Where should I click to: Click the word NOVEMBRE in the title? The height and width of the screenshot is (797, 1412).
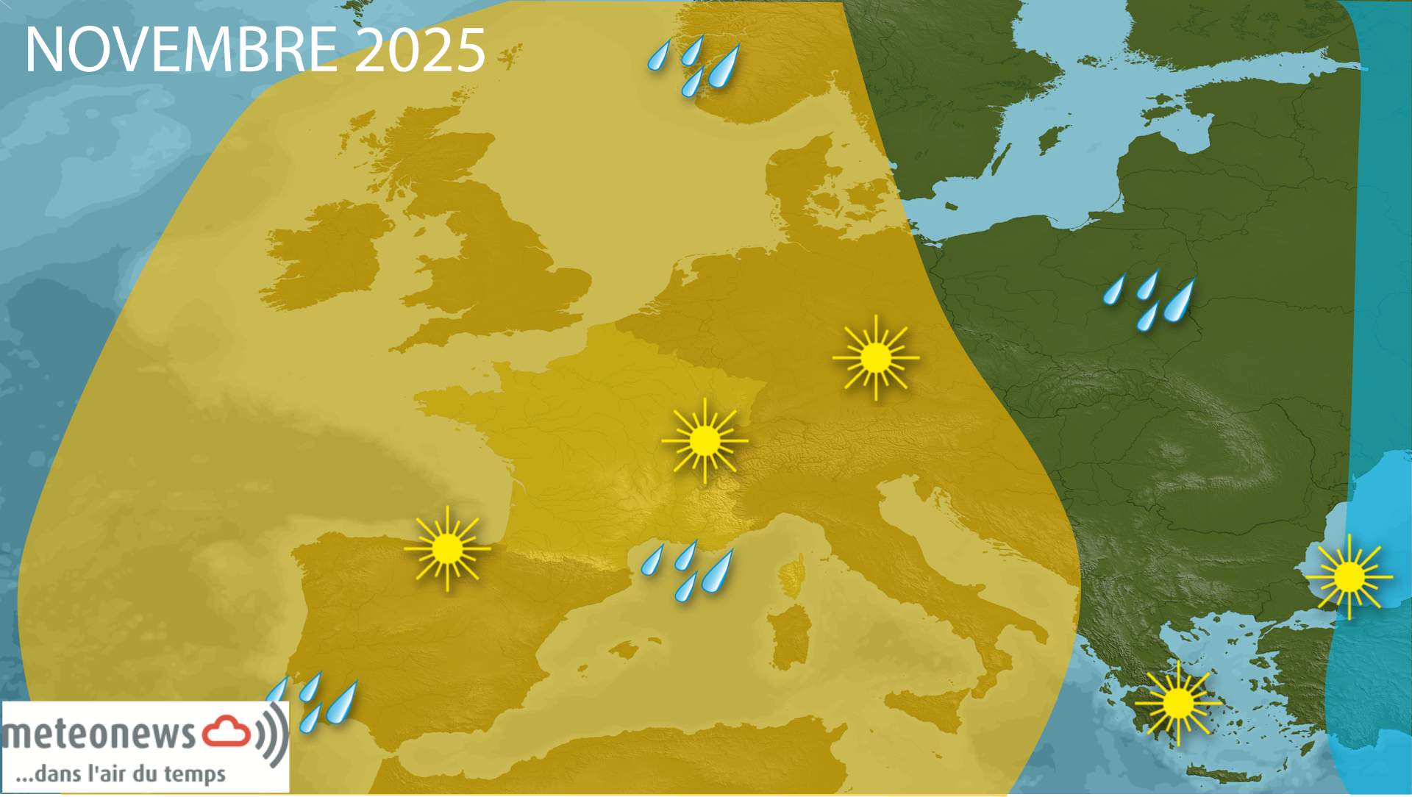(x=180, y=50)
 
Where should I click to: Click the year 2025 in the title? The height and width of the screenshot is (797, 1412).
(x=420, y=50)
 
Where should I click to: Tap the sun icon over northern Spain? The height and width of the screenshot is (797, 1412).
(x=447, y=548)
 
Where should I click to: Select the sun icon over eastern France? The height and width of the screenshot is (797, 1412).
(x=705, y=441)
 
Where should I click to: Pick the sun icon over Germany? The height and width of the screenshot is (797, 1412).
(x=875, y=358)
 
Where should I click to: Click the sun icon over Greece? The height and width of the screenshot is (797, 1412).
(x=1178, y=703)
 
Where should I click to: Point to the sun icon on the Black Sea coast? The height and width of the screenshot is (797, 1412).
(x=1349, y=576)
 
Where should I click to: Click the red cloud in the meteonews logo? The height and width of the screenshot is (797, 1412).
(x=227, y=732)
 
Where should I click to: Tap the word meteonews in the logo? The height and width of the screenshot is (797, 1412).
(x=99, y=734)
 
